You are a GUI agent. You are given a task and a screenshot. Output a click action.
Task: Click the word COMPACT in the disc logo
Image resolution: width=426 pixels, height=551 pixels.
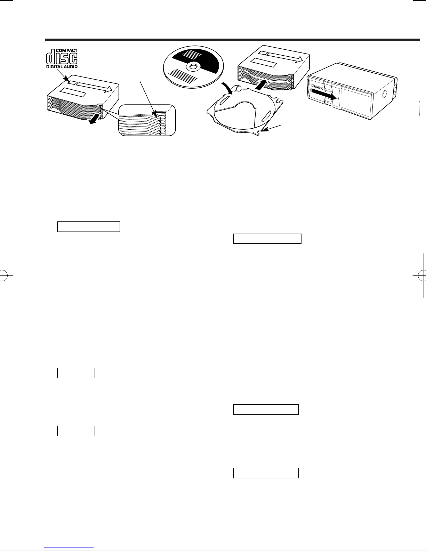point(66,50)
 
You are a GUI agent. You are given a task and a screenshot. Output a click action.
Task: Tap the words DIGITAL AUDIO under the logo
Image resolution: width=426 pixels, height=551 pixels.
point(62,67)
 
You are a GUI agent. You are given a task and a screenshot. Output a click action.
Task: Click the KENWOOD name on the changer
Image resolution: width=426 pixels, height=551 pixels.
point(317,87)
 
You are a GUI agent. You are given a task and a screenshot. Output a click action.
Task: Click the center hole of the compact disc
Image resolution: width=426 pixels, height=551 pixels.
point(193,66)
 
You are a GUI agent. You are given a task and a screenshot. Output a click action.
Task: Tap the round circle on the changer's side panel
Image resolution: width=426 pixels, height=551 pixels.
point(384,94)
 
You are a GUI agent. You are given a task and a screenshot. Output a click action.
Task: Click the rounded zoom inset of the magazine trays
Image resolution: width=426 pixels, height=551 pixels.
point(147,120)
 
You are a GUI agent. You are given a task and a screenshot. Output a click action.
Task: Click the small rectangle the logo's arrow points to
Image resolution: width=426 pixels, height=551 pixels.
point(73,83)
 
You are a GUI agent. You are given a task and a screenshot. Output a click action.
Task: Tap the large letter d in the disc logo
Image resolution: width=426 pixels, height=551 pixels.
point(50,56)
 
